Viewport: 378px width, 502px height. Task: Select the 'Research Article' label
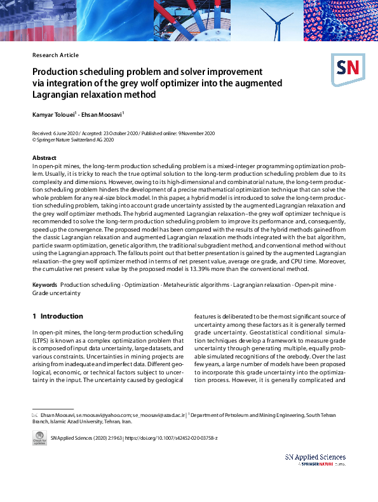point(55,55)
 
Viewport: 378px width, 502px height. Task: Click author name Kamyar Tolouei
point(54,114)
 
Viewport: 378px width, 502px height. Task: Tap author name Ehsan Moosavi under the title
point(105,114)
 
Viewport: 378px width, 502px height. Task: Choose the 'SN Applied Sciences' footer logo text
point(315,457)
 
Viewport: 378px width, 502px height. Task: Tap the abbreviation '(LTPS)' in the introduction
point(42,341)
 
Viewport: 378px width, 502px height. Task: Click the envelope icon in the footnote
point(36,414)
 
